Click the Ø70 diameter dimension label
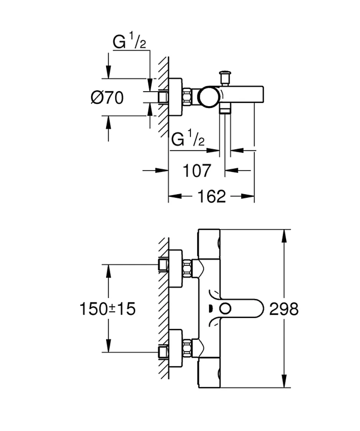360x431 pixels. (107, 98)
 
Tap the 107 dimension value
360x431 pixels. (197, 171)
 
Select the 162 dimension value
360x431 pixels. (211, 196)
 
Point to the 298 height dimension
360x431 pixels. (284, 309)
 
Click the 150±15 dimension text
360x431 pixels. (108, 309)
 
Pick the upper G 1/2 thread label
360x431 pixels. (129, 40)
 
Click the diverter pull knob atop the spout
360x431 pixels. (225, 77)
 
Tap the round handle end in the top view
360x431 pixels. (209, 97)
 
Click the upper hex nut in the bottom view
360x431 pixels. (187, 269)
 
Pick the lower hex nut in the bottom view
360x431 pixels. (187, 348)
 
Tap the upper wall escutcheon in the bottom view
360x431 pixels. (175, 269)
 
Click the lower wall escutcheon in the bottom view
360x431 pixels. (175, 348)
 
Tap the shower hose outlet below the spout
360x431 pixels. (225, 110)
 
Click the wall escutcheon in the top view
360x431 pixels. (175, 97)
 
